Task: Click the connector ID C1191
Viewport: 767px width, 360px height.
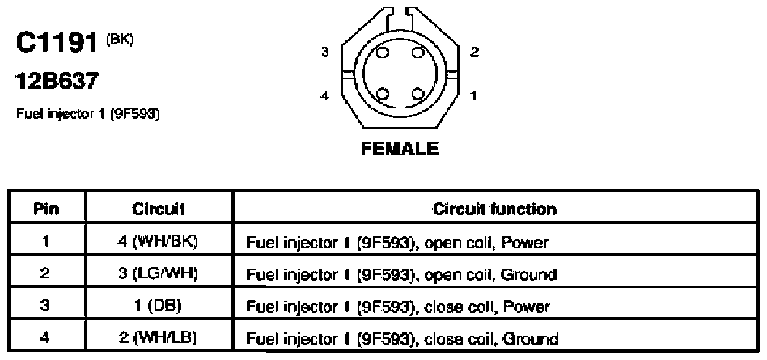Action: click(57, 43)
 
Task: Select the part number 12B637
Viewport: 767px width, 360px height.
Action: click(57, 81)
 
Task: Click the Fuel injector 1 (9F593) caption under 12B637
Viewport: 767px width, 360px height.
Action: click(88, 114)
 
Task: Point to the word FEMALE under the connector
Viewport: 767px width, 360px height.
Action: click(400, 148)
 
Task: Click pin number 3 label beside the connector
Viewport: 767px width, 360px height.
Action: click(325, 51)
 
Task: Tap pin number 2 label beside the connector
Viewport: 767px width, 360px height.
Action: click(474, 51)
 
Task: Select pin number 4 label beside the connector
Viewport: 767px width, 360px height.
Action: click(325, 96)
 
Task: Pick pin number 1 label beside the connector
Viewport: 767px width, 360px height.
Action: click(473, 96)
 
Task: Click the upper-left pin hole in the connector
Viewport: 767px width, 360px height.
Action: click(383, 53)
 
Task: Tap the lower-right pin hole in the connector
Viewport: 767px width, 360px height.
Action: click(417, 93)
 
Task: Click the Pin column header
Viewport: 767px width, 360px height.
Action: click(46, 210)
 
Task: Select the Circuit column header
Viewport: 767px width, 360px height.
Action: click(159, 210)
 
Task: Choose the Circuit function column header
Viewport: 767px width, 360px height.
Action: click(494, 210)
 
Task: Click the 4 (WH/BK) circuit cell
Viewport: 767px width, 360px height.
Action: click(158, 242)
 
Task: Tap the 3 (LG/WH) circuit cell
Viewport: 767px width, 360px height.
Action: click(158, 273)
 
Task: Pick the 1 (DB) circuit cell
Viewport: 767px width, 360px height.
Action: click(158, 306)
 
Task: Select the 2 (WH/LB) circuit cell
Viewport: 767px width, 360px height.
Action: click(158, 337)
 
